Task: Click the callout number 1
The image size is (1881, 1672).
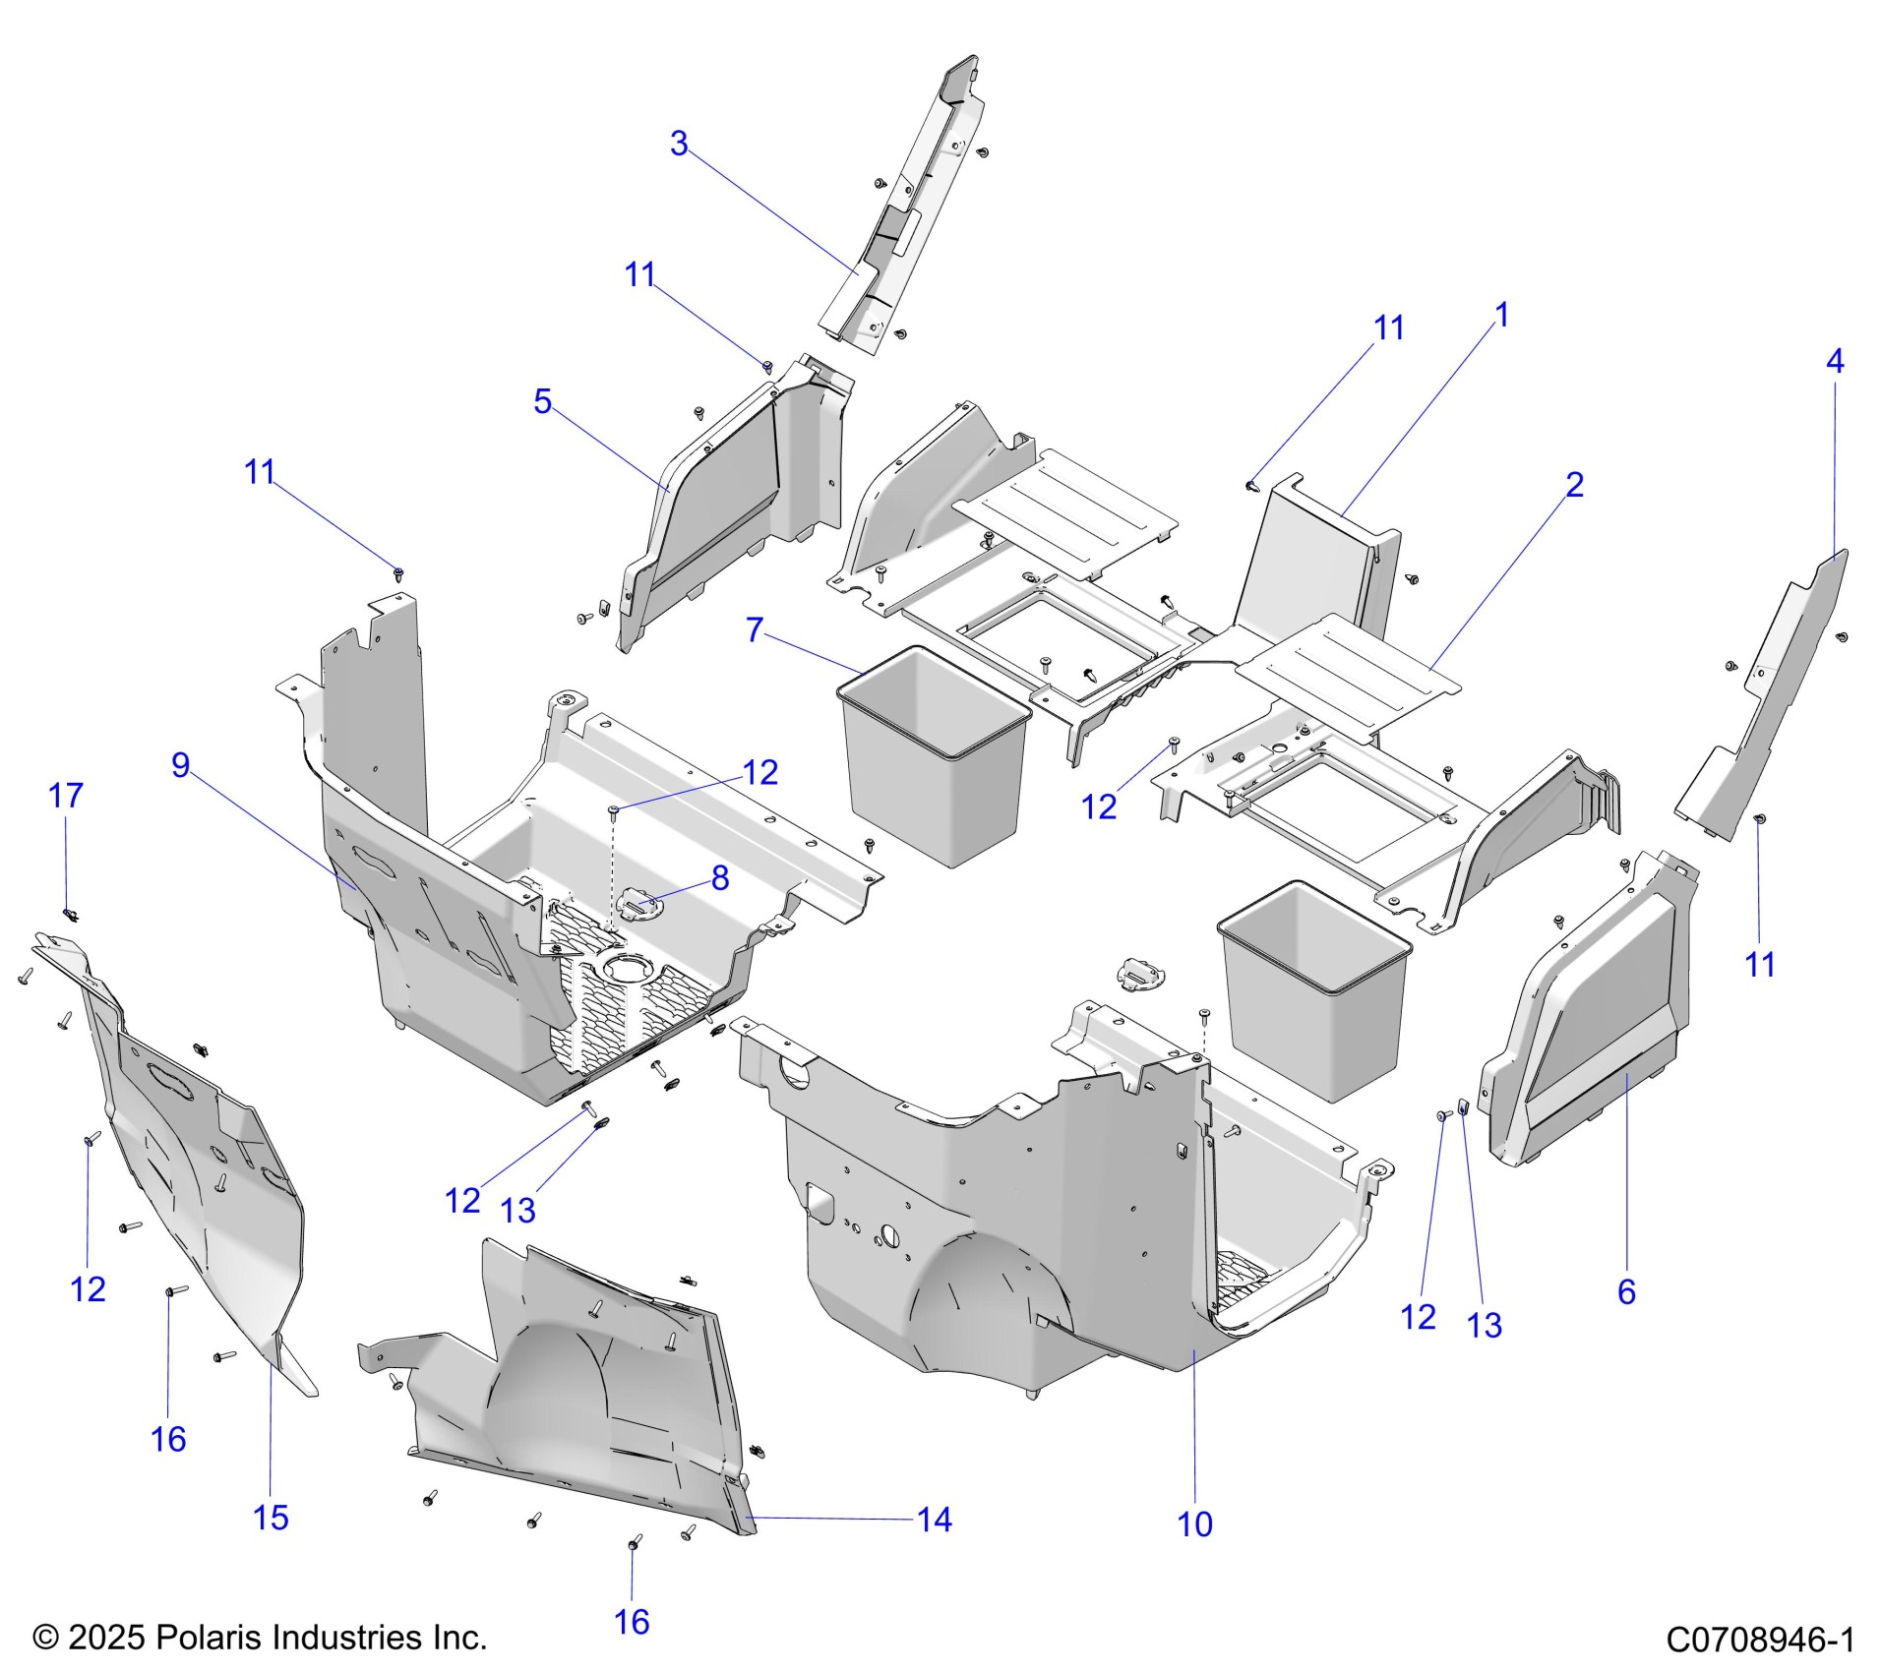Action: pos(1501,315)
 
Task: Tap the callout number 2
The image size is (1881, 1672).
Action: pos(1574,485)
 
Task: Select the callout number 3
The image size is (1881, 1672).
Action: pos(679,144)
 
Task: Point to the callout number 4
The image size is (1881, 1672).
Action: pos(1835,361)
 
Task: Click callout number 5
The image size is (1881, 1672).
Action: pos(542,401)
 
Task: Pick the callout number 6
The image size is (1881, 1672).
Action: pos(1626,1291)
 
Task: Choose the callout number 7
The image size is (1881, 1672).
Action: pos(755,629)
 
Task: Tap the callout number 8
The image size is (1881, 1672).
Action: pos(720,878)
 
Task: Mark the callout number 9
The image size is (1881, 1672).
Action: pos(181,765)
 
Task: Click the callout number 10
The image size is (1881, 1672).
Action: pos(1194,1524)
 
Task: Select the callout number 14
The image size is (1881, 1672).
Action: pos(935,1520)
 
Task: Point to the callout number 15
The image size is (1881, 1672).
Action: pos(271,1518)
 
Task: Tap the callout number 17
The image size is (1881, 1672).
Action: pos(66,796)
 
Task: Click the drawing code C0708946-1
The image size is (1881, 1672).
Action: pos(1761,1640)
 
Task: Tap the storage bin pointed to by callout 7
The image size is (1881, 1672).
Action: pos(933,757)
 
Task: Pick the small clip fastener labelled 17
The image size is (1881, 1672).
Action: pos(70,915)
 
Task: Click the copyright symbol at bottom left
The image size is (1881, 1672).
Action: pos(46,1639)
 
